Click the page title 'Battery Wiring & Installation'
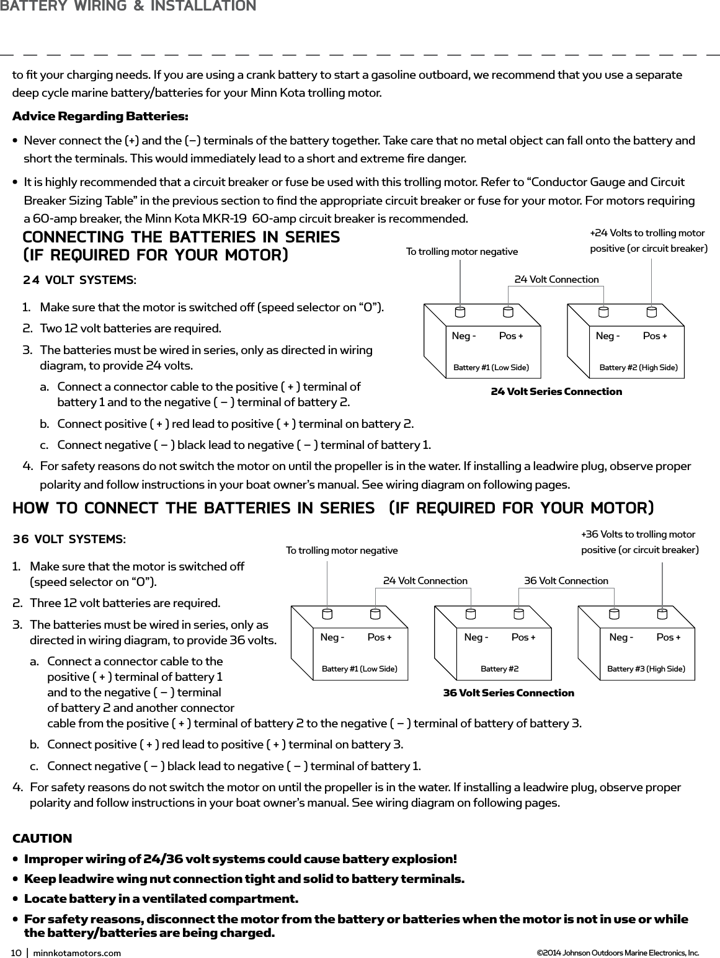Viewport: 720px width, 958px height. click(128, 7)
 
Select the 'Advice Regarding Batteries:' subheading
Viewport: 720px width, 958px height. click(100, 117)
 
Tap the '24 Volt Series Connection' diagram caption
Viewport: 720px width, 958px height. click(556, 391)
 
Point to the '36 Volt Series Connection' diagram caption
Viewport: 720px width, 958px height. click(509, 693)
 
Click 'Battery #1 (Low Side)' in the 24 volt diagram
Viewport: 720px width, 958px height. click(491, 368)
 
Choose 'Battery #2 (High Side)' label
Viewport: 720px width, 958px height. click(638, 368)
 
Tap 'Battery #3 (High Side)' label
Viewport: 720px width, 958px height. click(646, 669)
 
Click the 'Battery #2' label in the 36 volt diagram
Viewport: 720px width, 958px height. click(499, 669)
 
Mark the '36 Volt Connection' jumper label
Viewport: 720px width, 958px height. click(566, 580)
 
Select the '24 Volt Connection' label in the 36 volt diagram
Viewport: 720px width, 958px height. click(425, 580)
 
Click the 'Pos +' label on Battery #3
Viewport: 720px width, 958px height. click(668, 637)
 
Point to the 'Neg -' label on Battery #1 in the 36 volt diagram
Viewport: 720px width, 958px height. click(332, 637)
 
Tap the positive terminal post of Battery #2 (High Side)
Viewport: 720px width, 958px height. click(651, 312)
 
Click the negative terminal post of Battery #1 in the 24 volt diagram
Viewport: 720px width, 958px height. click(460, 312)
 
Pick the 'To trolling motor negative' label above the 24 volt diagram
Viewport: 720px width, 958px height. click(461, 251)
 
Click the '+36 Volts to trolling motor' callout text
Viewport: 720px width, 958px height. click(638, 534)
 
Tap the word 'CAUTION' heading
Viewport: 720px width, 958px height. click(42, 839)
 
